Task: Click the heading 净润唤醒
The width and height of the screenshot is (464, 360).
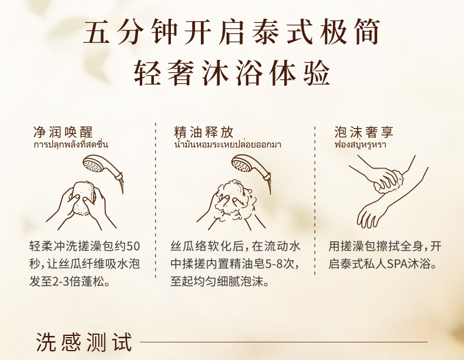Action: (x=63, y=132)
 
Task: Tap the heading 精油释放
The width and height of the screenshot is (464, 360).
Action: (x=204, y=132)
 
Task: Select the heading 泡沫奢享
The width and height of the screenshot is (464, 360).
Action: (x=364, y=132)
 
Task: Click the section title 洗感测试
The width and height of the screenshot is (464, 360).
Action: (x=84, y=342)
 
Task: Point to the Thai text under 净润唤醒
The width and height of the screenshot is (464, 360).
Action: (x=71, y=144)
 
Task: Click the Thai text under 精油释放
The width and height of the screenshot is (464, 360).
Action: (x=227, y=144)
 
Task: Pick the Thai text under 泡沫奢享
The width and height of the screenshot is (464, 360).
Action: (x=361, y=144)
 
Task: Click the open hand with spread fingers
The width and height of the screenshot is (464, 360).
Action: (x=368, y=216)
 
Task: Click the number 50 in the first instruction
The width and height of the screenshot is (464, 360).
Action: (x=133, y=246)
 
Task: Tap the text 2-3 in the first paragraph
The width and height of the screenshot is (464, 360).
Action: (x=60, y=282)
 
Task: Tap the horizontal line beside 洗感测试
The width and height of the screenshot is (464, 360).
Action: (x=284, y=342)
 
